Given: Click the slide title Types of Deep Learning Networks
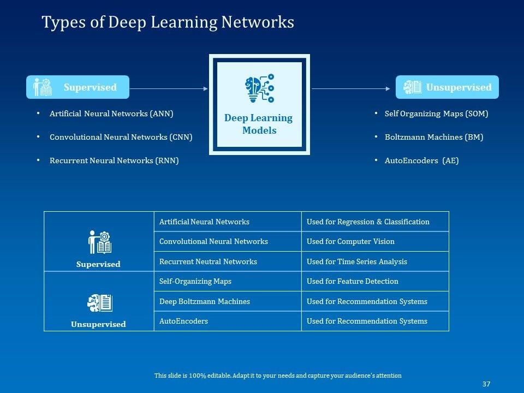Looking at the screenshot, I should tap(168, 22).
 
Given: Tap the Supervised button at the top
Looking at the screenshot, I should tap(78, 87).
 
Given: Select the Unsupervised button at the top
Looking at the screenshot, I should tap(447, 87).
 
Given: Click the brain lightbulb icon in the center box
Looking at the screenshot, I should tap(259, 89).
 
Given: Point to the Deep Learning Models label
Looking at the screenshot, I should tap(259, 124).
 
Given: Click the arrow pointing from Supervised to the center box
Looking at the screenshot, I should tap(169, 88).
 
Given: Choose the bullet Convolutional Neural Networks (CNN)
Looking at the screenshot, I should tap(121, 137).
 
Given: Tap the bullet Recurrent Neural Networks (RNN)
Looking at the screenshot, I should tap(114, 160).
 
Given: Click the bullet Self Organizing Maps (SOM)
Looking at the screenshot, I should tap(436, 114).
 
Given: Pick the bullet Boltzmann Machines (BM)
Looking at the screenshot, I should tap(434, 137).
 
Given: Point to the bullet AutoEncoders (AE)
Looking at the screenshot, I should tap(421, 160).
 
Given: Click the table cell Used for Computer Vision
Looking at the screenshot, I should tap(350, 241).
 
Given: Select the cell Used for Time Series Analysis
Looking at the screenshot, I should tap(357, 261).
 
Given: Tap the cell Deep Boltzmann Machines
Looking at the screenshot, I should tap(205, 301).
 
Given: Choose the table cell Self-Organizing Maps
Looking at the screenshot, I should tap(195, 281).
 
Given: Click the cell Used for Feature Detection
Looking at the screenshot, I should tap(353, 281).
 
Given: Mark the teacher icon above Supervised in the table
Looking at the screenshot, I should tap(99, 242).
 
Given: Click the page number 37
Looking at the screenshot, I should tap(486, 384).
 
